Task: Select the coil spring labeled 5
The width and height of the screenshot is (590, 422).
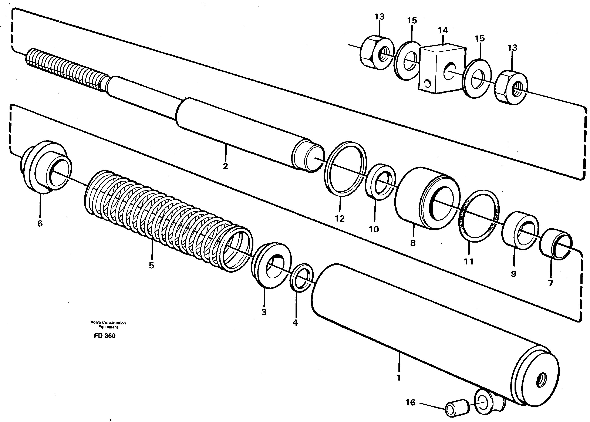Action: (x=166, y=221)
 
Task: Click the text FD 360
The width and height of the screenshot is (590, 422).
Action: (x=105, y=336)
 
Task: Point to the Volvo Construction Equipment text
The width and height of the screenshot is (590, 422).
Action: (x=108, y=325)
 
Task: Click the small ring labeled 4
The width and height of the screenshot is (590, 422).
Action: (x=301, y=278)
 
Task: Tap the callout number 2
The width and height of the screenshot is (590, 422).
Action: (x=225, y=166)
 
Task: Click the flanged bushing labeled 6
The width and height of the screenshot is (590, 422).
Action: (x=45, y=168)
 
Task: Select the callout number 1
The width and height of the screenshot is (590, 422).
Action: (x=398, y=377)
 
